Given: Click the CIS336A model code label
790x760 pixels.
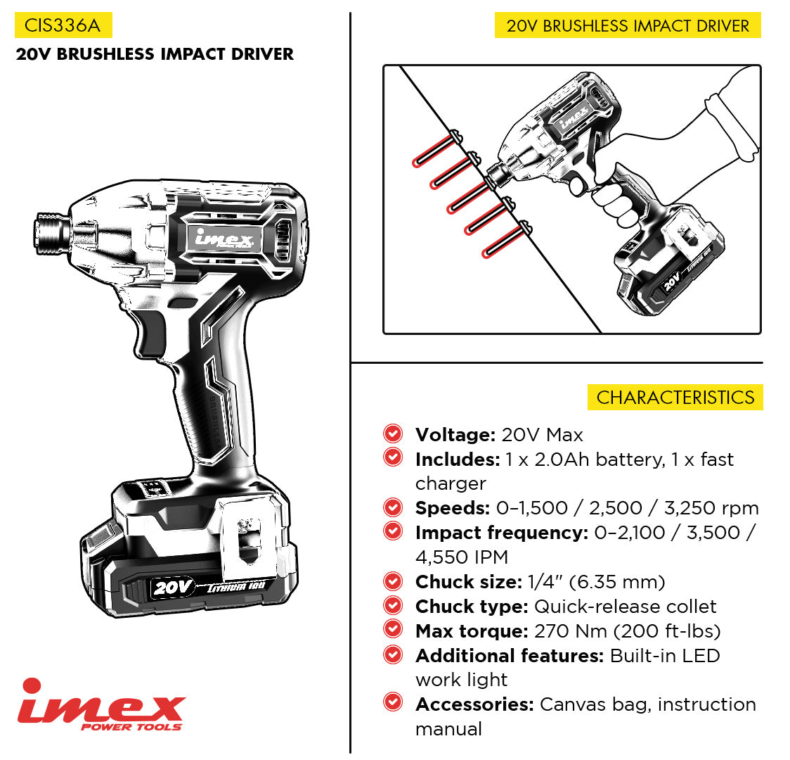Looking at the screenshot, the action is pyautogui.click(x=63, y=25).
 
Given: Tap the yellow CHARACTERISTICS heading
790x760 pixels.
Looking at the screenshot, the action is pyautogui.click(x=675, y=398).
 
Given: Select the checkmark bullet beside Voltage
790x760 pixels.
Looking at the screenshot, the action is pyautogui.click(x=392, y=433).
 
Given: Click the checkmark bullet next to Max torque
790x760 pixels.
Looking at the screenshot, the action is pyautogui.click(x=392, y=629).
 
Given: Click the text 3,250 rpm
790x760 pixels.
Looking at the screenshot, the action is pyautogui.click(x=711, y=508).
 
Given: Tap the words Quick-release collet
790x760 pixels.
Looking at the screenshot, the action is pyautogui.click(x=626, y=606).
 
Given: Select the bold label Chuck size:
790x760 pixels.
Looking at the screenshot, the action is pyautogui.click(x=469, y=582).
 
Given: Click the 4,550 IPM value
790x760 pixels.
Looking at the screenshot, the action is pyautogui.click(x=462, y=557).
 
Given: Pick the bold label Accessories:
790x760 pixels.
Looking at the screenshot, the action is pyautogui.click(x=474, y=704).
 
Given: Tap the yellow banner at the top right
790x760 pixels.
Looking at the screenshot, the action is pyautogui.click(x=628, y=25).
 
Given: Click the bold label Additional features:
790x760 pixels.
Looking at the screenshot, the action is pyautogui.click(x=510, y=656).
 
